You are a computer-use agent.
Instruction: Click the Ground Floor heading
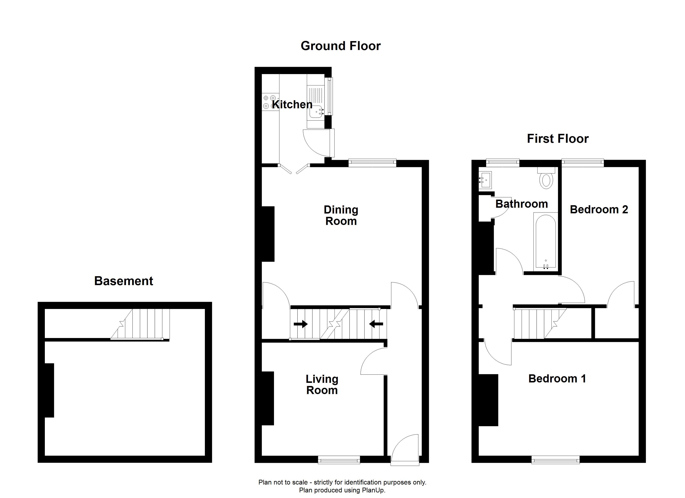point(340,46)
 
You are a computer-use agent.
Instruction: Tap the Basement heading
point(124,281)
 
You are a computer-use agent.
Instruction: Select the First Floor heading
point(558,139)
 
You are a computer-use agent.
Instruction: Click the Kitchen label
point(292,105)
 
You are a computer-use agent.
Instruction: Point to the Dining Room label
point(341,215)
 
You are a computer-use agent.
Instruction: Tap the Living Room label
point(322,384)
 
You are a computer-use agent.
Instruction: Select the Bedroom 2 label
point(599,209)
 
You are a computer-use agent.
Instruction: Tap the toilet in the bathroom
point(546,178)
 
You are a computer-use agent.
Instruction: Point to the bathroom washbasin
point(485,180)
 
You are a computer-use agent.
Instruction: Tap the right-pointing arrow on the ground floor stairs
point(301,324)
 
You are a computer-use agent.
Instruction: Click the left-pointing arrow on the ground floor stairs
point(376,324)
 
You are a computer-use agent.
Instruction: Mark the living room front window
point(339,460)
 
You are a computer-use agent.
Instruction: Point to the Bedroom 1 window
point(555,460)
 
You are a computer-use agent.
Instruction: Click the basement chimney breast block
point(49,390)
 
